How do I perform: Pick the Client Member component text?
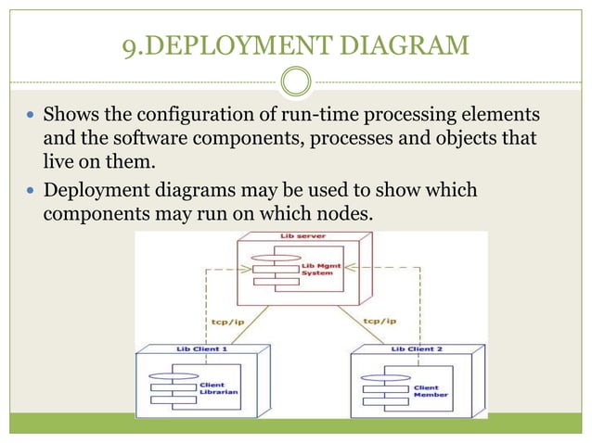click(426, 391)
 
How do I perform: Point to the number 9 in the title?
click(130, 45)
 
